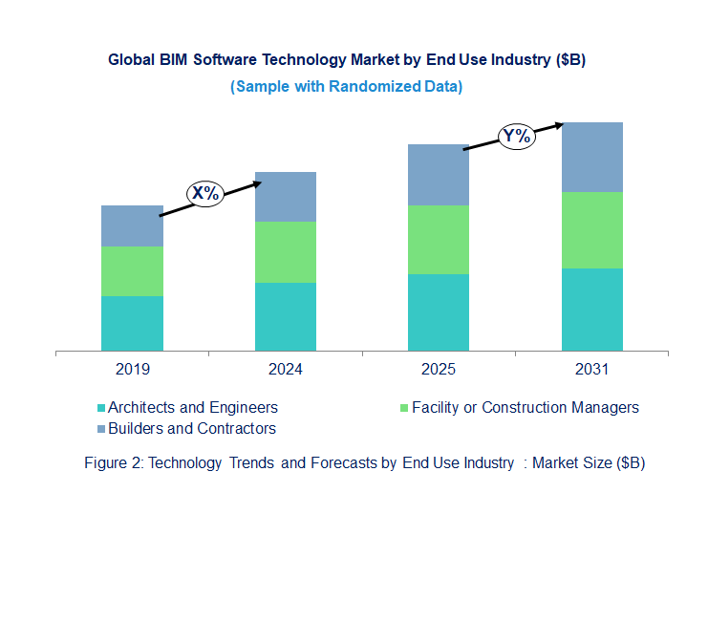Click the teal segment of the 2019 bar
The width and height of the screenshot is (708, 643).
point(132,323)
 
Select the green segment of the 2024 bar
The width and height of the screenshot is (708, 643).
point(286,251)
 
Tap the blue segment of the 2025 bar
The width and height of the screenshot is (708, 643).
point(439,175)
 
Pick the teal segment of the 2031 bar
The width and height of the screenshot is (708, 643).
point(592,310)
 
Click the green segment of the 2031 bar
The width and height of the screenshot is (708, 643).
point(592,230)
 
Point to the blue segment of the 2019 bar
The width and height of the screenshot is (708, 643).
point(132,225)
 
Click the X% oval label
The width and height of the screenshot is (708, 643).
point(204,193)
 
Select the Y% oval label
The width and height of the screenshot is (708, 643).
point(517,136)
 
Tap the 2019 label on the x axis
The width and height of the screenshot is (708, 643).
point(132,369)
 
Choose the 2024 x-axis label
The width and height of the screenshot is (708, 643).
point(286,369)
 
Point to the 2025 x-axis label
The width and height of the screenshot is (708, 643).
point(439,369)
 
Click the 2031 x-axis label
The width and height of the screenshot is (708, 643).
point(592,369)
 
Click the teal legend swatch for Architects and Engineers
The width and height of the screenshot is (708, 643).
point(101,408)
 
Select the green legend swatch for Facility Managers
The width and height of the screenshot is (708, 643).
point(404,408)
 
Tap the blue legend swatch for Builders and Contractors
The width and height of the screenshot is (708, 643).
point(101,429)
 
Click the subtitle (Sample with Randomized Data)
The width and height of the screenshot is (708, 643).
point(347,86)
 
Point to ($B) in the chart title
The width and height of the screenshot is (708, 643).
point(569,59)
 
